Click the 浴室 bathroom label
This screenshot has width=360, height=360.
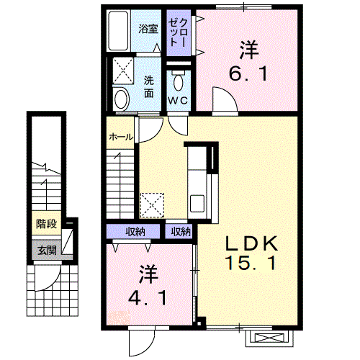148,29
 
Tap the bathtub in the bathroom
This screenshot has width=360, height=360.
118,30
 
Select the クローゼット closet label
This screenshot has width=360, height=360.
178,32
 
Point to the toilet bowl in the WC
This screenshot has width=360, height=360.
178,82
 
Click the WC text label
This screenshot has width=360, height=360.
178,100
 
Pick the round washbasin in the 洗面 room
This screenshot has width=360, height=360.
121,99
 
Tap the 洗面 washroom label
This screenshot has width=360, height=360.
149,87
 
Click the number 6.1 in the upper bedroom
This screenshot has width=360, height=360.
248,73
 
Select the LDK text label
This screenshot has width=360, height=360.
251,243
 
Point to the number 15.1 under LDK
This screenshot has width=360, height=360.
250,263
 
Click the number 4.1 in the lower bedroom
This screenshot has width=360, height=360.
147,298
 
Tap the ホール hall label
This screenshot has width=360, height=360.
121,137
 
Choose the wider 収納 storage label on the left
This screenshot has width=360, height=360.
135,232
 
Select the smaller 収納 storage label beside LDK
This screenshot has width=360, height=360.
181,232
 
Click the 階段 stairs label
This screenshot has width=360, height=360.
47,224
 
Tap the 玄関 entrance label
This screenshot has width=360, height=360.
47,251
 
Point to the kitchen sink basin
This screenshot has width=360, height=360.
197,203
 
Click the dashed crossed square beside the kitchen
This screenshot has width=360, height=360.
152,206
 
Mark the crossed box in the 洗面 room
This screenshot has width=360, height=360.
123,71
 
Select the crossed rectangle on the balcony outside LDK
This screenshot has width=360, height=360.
270,338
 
